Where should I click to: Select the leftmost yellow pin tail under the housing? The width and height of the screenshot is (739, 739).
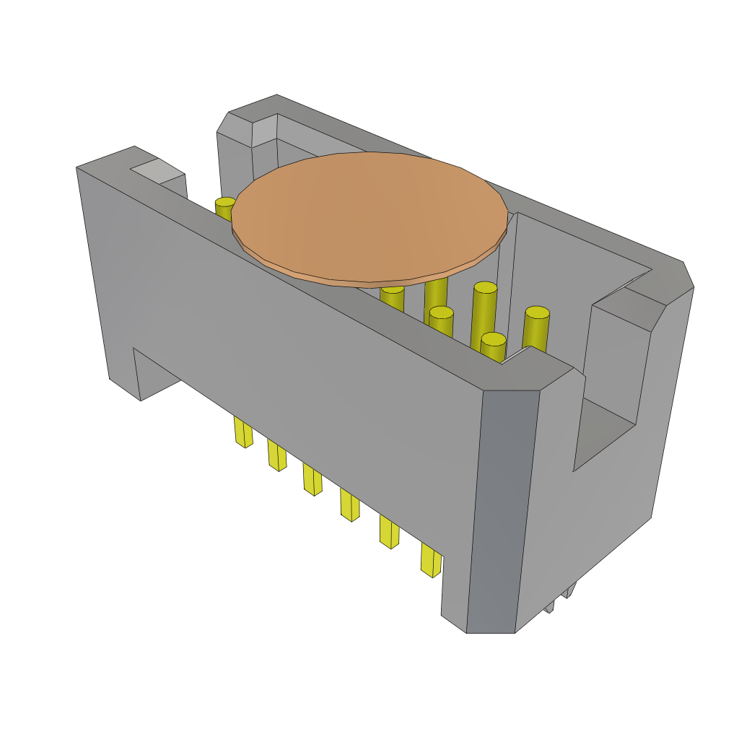(x=243, y=432)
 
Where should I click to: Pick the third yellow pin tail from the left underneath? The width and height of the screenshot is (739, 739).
(x=312, y=479)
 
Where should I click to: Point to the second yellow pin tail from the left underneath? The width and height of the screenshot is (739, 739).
(x=277, y=455)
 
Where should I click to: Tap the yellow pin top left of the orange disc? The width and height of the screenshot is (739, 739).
(x=224, y=206)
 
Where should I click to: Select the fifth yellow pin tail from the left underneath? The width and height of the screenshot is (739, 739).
(x=389, y=533)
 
